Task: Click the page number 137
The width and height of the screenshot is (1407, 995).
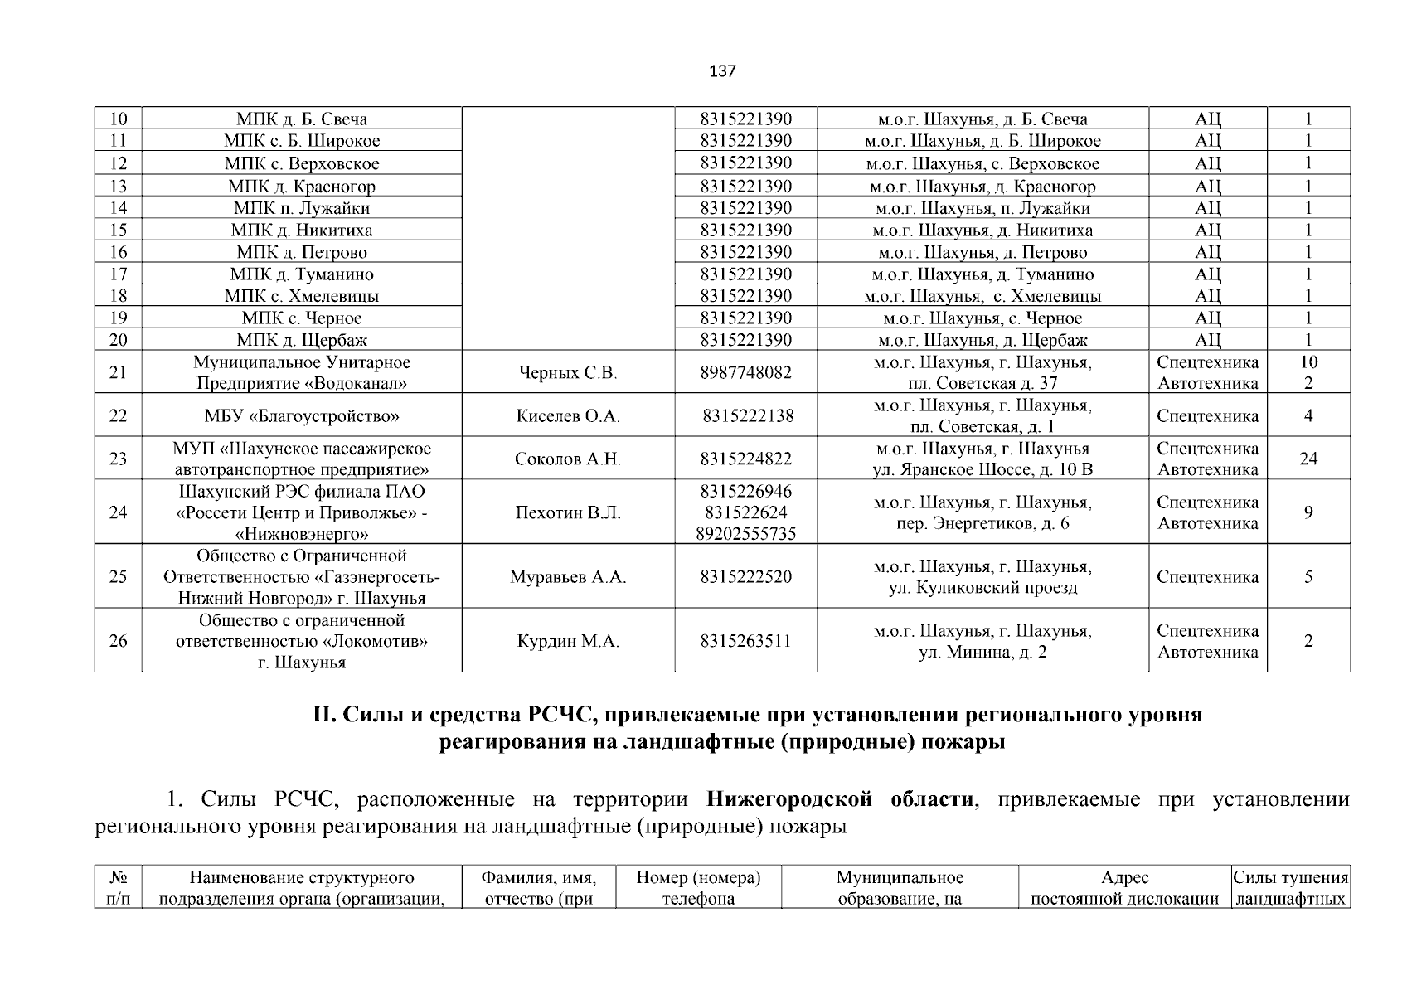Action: click(x=722, y=71)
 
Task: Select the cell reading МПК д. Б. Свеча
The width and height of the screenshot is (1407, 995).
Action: click(x=302, y=119)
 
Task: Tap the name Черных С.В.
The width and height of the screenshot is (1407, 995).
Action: click(x=568, y=373)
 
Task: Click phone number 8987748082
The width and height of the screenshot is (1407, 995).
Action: click(x=745, y=373)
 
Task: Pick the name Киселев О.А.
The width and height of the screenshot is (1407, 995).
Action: click(x=568, y=416)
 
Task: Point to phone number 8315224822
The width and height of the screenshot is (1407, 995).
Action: click(x=745, y=459)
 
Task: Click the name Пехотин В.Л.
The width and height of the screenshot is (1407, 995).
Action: click(x=568, y=513)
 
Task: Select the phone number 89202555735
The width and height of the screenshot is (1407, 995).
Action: click(x=745, y=534)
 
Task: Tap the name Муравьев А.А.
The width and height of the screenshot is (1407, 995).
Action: click(x=568, y=577)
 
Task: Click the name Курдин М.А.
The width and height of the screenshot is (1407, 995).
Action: click(x=568, y=642)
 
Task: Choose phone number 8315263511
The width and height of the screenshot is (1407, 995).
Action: click(x=745, y=642)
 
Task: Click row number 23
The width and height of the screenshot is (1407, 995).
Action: click(x=118, y=459)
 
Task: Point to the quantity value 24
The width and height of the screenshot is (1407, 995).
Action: click(x=1308, y=459)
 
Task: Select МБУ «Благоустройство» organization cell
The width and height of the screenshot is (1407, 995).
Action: click(x=302, y=416)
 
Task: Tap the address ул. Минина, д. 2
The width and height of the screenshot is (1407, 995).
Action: click(x=982, y=653)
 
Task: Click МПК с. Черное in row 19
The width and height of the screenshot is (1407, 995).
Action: click(x=302, y=318)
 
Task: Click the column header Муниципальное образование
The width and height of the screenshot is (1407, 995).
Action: click(x=900, y=888)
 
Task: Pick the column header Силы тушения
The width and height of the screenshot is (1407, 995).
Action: click(x=1290, y=878)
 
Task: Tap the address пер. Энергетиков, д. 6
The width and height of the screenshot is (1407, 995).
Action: click(x=982, y=524)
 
